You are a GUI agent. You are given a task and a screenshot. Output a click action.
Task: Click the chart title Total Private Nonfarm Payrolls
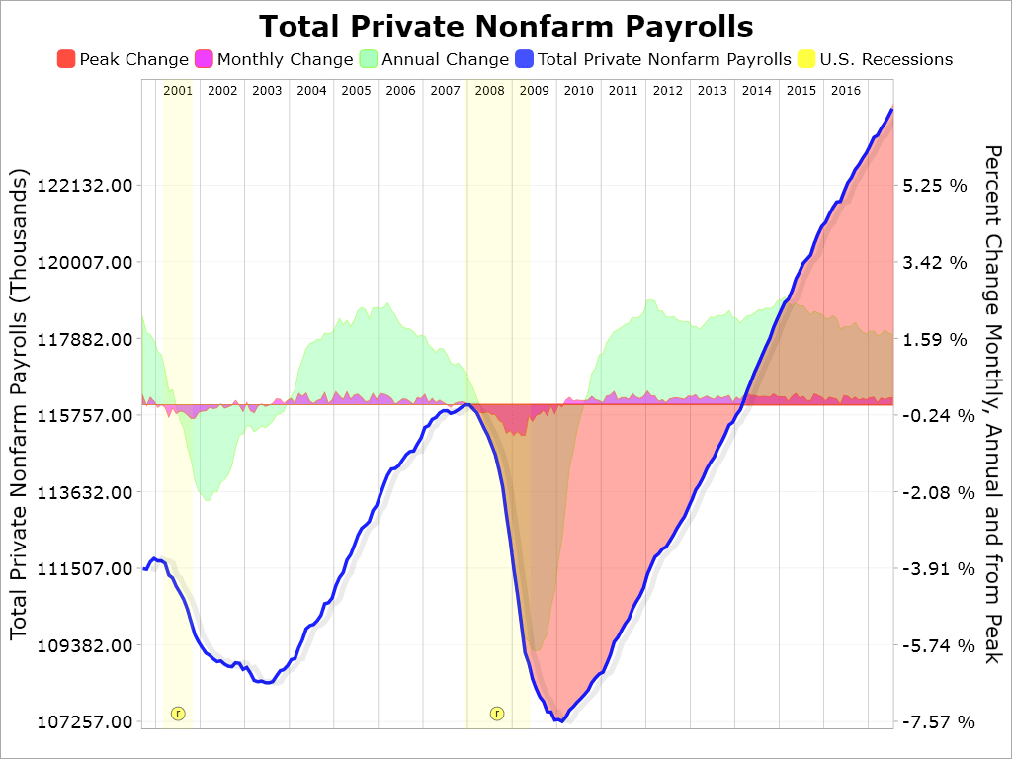[x=506, y=26]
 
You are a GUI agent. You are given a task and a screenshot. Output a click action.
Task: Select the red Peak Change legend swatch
[x=66, y=59]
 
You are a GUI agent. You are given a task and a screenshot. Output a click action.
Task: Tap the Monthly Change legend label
[x=285, y=59]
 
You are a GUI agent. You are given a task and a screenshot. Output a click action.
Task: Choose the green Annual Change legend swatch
[x=369, y=59]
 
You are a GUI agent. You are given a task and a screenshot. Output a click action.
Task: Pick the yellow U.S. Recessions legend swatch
[x=806, y=59]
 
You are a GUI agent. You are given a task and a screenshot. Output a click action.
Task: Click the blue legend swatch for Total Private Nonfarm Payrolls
[x=524, y=59]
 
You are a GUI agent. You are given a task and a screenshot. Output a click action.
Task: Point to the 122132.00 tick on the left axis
[x=84, y=186]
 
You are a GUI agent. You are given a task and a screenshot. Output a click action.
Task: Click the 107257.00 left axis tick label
[x=84, y=722]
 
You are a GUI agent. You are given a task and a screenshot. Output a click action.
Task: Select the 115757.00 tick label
[x=84, y=416]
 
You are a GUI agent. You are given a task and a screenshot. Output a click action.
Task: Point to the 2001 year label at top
[x=178, y=91]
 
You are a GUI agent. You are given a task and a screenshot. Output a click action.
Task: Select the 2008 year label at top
[x=490, y=91]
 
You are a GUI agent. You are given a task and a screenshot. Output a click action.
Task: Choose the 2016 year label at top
[x=846, y=91]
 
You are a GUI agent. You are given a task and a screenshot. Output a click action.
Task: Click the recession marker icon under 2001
[x=178, y=713]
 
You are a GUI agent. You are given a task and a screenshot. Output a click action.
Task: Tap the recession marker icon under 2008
[x=497, y=713]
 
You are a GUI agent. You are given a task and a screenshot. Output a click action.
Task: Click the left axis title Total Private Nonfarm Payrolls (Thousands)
[x=20, y=403]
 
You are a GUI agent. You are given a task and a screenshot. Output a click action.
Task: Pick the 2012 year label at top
[x=668, y=91]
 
